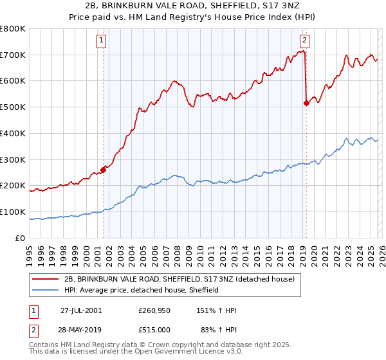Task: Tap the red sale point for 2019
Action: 306,103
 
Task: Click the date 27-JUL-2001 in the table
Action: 81,310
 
